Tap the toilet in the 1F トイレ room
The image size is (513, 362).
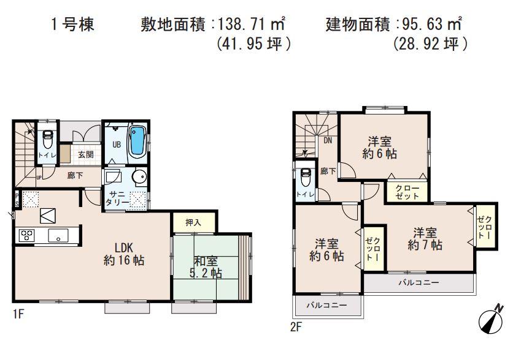click(47, 139)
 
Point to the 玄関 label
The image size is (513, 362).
click(86, 155)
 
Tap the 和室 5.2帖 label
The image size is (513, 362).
click(207, 268)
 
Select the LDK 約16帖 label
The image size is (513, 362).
click(124, 254)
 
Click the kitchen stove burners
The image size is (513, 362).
click(27, 234)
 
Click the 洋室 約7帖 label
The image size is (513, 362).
click(425, 239)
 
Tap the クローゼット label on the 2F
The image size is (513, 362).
click(404, 192)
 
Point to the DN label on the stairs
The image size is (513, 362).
click(328, 140)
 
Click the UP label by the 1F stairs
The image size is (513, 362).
click(39, 178)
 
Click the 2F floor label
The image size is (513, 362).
click(297, 326)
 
